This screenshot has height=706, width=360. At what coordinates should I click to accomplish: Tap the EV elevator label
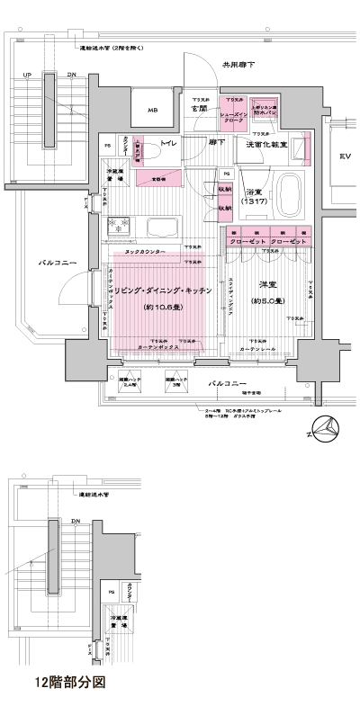click(x=345, y=157)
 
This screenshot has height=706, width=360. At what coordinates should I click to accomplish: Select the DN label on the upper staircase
click(x=71, y=75)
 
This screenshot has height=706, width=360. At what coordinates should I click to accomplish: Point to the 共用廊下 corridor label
click(x=238, y=65)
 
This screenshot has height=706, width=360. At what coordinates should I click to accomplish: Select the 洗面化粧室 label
click(x=266, y=144)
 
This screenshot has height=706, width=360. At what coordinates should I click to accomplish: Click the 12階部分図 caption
click(x=69, y=683)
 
